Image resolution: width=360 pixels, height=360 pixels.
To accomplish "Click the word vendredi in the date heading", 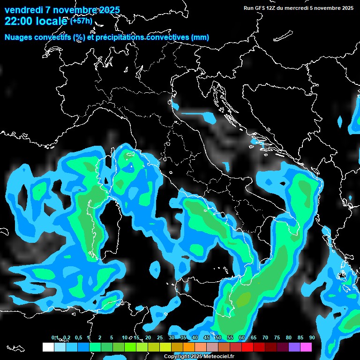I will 24,10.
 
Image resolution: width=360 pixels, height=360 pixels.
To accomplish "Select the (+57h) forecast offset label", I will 81,21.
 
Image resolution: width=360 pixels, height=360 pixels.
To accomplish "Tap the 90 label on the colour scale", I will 312,337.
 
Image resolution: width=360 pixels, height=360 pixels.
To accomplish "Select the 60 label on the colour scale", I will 241,337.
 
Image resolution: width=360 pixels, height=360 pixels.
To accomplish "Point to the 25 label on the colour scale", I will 159,337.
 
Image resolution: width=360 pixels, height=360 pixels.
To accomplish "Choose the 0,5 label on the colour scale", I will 78,337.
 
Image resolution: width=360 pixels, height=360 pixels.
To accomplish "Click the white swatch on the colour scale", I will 48,347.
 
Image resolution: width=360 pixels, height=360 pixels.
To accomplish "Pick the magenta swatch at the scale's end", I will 306,347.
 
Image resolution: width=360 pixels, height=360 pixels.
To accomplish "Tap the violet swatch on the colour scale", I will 294,347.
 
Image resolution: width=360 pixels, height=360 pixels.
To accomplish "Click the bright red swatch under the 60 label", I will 247,347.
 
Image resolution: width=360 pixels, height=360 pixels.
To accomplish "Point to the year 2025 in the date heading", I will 109,10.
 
